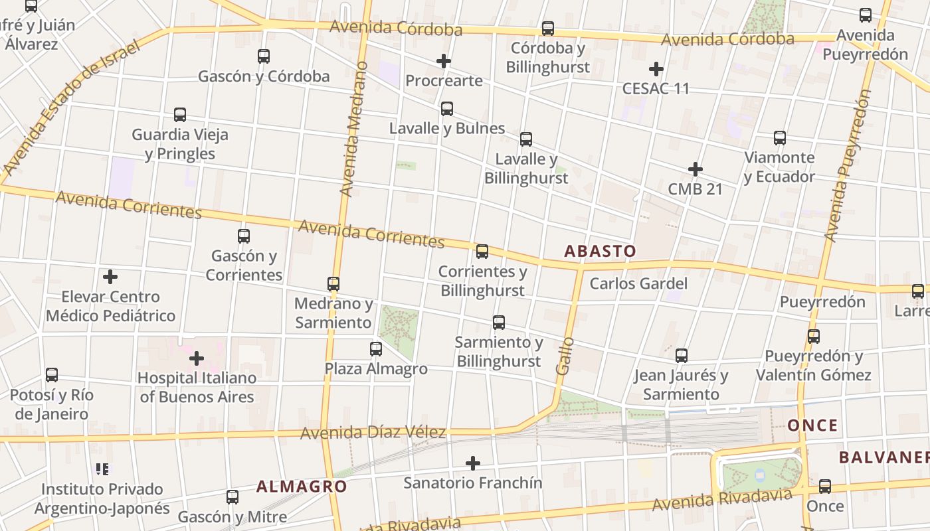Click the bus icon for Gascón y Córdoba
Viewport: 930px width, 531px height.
click(264, 56)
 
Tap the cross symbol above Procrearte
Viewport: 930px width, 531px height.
click(444, 62)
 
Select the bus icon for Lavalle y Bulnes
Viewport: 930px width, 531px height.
click(447, 108)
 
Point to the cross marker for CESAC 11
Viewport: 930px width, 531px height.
click(656, 69)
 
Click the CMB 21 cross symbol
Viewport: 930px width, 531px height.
click(696, 169)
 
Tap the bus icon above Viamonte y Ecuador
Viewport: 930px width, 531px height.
click(780, 138)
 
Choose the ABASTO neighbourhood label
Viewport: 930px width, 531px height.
click(600, 251)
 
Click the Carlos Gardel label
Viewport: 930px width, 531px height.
click(638, 283)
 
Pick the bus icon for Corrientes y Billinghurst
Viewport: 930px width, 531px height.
click(482, 252)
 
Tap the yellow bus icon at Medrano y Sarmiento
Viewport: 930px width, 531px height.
click(333, 284)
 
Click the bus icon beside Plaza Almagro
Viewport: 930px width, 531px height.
click(376, 348)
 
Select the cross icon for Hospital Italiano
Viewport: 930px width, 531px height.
click(197, 358)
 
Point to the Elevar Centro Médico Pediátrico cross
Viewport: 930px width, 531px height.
click(110, 277)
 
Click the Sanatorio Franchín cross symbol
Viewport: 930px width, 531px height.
click(473, 463)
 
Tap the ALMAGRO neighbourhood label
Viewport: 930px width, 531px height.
click(302, 486)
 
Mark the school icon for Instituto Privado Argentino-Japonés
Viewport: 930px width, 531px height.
click(102, 469)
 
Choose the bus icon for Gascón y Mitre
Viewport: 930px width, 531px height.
click(232, 496)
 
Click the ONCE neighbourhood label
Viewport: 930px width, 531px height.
click(812, 425)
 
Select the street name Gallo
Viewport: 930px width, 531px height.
click(565, 356)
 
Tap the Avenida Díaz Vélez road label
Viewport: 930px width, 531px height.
click(373, 433)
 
